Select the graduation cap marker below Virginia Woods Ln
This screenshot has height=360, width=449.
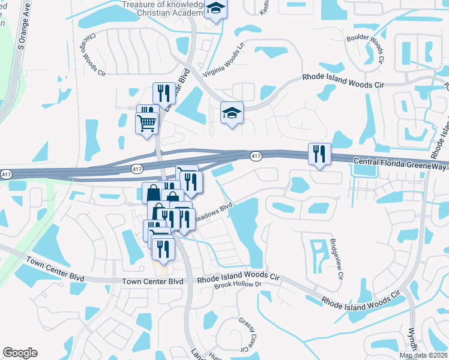point(232,113)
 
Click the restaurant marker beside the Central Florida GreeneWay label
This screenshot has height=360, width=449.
point(319,154)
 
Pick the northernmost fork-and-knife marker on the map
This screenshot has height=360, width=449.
point(164,93)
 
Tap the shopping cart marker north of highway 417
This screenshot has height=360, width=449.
point(146,124)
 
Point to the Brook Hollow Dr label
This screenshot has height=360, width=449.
point(238,287)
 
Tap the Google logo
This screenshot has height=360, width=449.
point(20,353)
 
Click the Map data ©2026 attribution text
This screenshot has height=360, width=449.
point(424,355)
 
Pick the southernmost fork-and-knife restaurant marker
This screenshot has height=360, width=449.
point(163,248)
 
